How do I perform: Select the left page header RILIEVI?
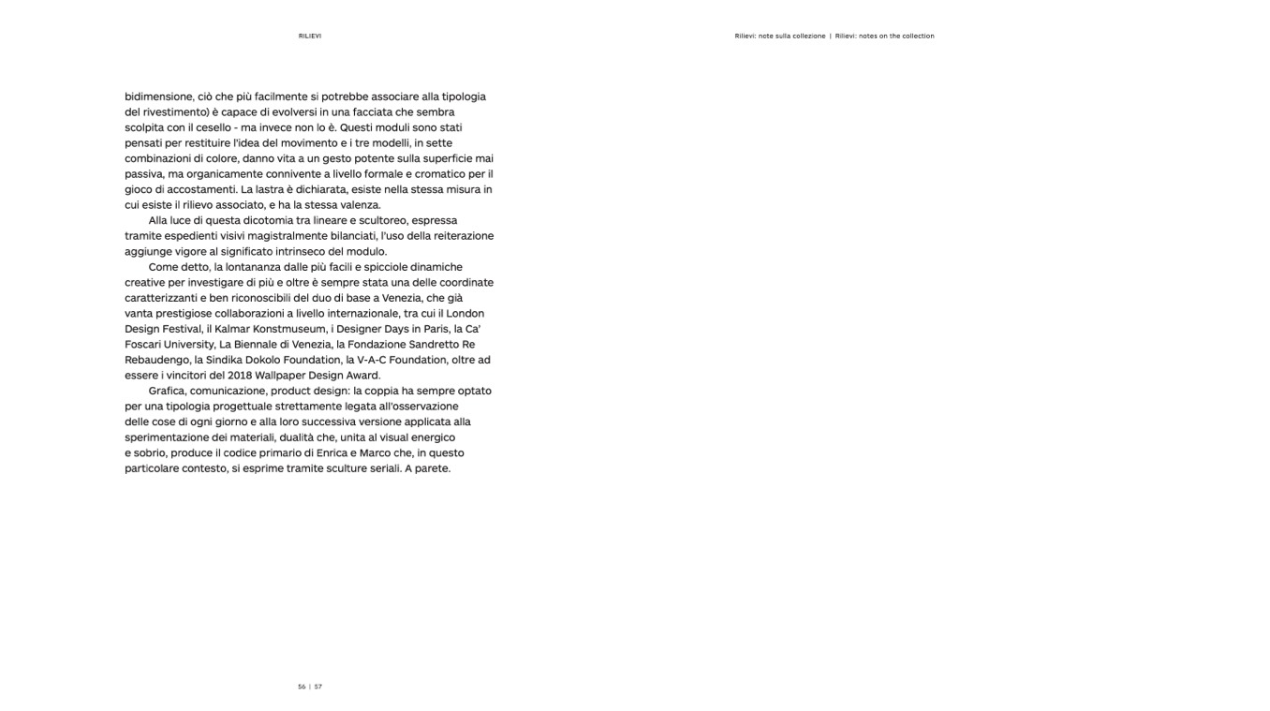pyautogui.click(x=310, y=37)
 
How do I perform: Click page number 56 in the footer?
pyautogui.click(x=302, y=687)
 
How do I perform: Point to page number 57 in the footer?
pyautogui.click(x=318, y=687)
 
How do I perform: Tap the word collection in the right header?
pyautogui.click(x=917, y=37)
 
